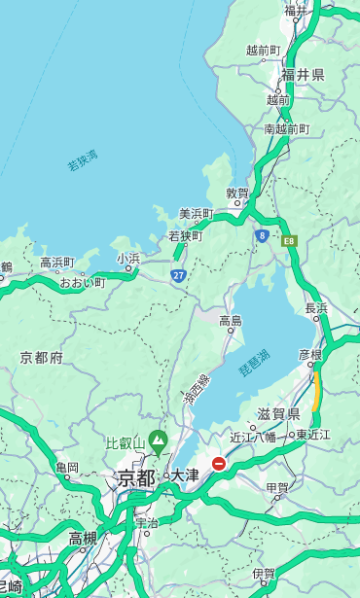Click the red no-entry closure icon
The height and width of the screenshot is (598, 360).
coord(219,464)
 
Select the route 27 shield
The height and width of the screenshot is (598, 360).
coord(178,275)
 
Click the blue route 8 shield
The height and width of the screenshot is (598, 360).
coord(262,235)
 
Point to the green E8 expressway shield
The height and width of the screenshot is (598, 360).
coord(288,240)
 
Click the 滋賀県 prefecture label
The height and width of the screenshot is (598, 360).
coord(279,414)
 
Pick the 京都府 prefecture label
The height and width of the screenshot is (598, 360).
coord(41,358)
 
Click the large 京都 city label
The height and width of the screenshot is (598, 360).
coord(136,477)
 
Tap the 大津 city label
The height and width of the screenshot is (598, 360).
coord(185,475)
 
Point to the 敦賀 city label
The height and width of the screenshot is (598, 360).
coord(237,193)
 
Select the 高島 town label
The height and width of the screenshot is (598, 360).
coord(231,321)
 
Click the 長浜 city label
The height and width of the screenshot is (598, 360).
coord(316,308)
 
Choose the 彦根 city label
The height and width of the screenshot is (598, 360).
coord(309,355)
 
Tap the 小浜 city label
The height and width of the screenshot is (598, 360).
coord(128,258)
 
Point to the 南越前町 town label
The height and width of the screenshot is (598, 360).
coord(286,129)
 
